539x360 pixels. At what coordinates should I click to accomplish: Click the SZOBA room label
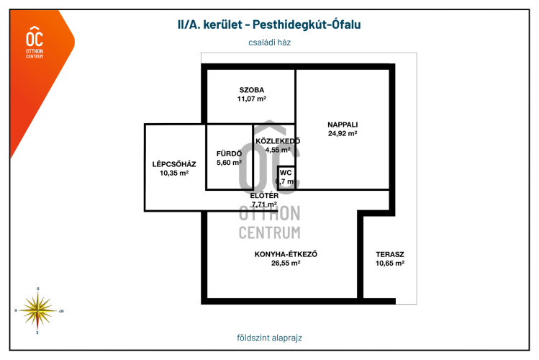point(252,90)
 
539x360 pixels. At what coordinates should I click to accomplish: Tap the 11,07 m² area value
point(252,99)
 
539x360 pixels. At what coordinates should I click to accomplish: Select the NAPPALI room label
point(343,124)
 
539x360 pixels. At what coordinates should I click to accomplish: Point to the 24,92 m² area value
point(343,133)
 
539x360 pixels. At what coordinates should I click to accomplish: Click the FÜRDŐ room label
point(229,153)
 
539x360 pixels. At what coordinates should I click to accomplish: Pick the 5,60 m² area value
point(229,163)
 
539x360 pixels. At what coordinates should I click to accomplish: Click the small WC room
point(286,177)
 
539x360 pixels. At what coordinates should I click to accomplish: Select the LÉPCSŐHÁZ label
point(174,164)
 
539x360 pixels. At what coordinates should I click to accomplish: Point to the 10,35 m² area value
point(174,174)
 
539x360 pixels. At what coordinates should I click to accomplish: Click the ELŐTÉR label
point(264,195)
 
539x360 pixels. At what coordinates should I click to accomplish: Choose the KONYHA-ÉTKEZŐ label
point(286,254)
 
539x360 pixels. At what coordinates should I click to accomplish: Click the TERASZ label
point(389,254)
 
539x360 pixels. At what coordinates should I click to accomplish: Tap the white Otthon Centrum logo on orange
point(34,42)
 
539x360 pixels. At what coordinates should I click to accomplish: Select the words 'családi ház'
point(269,42)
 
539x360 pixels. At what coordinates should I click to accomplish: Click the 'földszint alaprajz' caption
point(269,338)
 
